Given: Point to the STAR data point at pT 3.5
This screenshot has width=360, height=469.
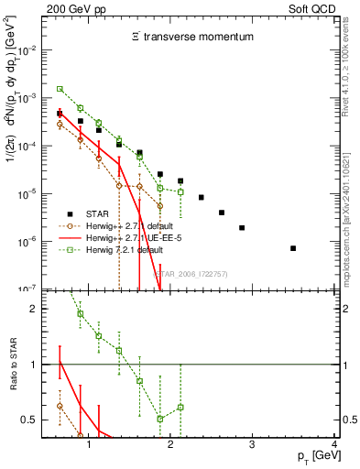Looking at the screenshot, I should click(x=293, y=248).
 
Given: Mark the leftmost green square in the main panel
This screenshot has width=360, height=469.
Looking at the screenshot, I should click(x=60, y=89).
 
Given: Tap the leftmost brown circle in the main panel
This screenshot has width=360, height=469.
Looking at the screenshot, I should click(x=60, y=124).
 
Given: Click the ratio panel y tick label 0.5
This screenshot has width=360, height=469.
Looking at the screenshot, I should click(x=33, y=420).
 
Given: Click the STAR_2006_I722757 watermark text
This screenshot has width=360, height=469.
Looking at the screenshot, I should click(x=190, y=273).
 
